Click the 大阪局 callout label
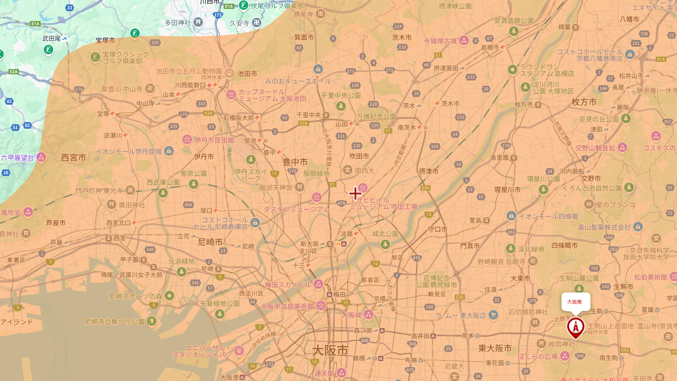coord(575,302)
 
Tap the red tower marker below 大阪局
coord(575,327)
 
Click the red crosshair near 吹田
coord(355,193)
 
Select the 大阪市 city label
coord(330,350)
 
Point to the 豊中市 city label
coord(295,162)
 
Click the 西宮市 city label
coord(74,158)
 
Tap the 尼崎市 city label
coord(210,242)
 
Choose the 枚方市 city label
coord(584,102)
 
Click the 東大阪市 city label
coord(495,348)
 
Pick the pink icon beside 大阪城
coord(368,315)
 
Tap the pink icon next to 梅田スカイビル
coord(318,284)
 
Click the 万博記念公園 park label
coord(376,117)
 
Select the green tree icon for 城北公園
coord(385,244)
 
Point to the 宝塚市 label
coord(105,40)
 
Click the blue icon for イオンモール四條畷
coord(511,216)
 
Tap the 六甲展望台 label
coord(17,158)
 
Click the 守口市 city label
coord(437,229)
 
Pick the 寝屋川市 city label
coord(507,190)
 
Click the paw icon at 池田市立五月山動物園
coord(229,73)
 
